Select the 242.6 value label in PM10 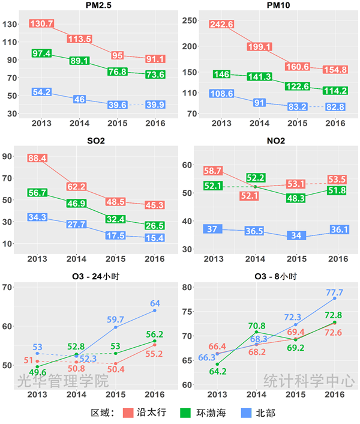[x=221, y=24]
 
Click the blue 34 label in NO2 [x=296, y=235]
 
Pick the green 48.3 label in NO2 [x=296, y=197]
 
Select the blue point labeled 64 [x=155, y=310]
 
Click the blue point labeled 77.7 [x=334, y=298]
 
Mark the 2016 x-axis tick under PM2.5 [x=155, y=123]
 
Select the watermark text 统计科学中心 [x=309, y=381]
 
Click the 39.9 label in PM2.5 [x=155, y=104]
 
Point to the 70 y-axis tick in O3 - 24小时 [x=8, y=287]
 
